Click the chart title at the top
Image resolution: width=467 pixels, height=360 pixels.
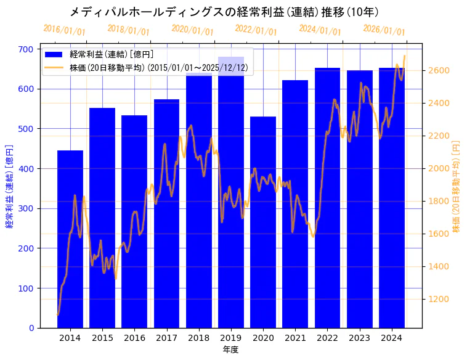click(224, 12)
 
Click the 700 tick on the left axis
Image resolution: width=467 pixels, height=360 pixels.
click(28, 49)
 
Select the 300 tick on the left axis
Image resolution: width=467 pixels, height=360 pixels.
click(28, 208)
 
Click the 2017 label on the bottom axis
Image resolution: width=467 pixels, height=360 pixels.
click(166, 338)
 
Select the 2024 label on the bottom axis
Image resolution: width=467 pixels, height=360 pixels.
click(391, 338)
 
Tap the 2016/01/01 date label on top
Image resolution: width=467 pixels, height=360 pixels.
click(65, 30)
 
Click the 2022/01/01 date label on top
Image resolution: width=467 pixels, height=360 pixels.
click(256, 30)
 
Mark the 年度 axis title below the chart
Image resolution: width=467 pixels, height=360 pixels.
click(230, 350)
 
